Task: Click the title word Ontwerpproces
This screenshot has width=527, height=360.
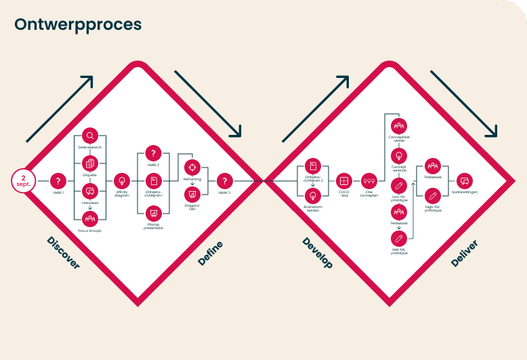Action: [x=78, y=24]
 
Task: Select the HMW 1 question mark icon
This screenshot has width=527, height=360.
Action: [x=58, y=181]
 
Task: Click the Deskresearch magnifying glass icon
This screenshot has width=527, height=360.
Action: [x=90, y=137]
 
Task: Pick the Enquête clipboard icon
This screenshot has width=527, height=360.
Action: [x=90, y=163]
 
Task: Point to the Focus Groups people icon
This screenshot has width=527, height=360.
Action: [x=90, y=218]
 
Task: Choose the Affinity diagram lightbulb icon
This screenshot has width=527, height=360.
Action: [x=122, y=181]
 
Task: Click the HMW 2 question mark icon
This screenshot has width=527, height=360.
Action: [x=154, y=154]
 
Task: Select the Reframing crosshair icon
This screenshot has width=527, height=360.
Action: [x=192, y=166]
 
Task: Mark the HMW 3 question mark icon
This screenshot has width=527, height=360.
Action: [x=224, y=181]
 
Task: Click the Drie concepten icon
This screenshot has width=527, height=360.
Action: [x=369, y=181]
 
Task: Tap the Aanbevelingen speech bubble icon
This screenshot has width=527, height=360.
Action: [x=465, y=181]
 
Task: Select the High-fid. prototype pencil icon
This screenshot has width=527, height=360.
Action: [x=432, y=197]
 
